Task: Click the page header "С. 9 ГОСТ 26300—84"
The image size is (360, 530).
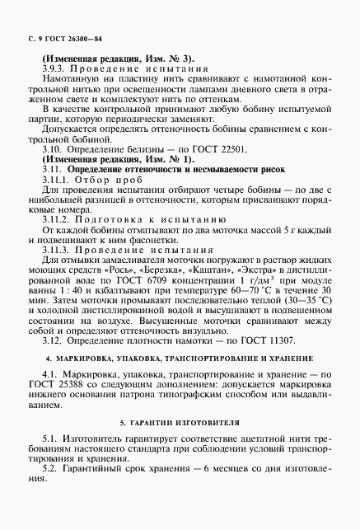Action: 58,39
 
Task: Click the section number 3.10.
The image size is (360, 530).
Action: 52,149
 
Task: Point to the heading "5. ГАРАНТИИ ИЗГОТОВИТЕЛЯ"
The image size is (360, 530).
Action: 180,422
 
